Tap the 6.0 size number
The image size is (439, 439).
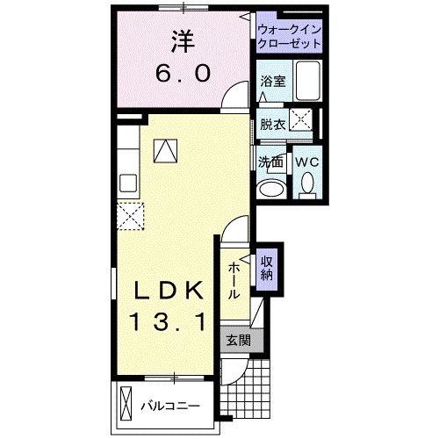pyautogui.click(x=183, y=75)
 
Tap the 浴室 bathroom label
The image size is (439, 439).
pyautogui.click(x=272, y=82)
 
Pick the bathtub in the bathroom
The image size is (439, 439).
pyautogui.click(x=307, y=83)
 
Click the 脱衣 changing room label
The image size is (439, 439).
pyautogui.click(x=272, y=124)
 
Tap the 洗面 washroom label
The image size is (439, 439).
pyautogui.click(x=270, y=162)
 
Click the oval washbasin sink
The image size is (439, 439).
pyautogui.click(x=270, y=189)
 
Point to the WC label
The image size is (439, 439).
pyautogui.click(x=306, y=162)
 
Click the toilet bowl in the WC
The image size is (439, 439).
pyautogui.click(x=306, y=184)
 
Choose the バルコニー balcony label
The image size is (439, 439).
pyautogui.click(x=171, y=407)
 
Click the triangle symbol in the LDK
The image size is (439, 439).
pyautogui.click(x=164, y=150)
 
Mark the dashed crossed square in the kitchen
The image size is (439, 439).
pyautogui.click(x=130, y=215)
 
